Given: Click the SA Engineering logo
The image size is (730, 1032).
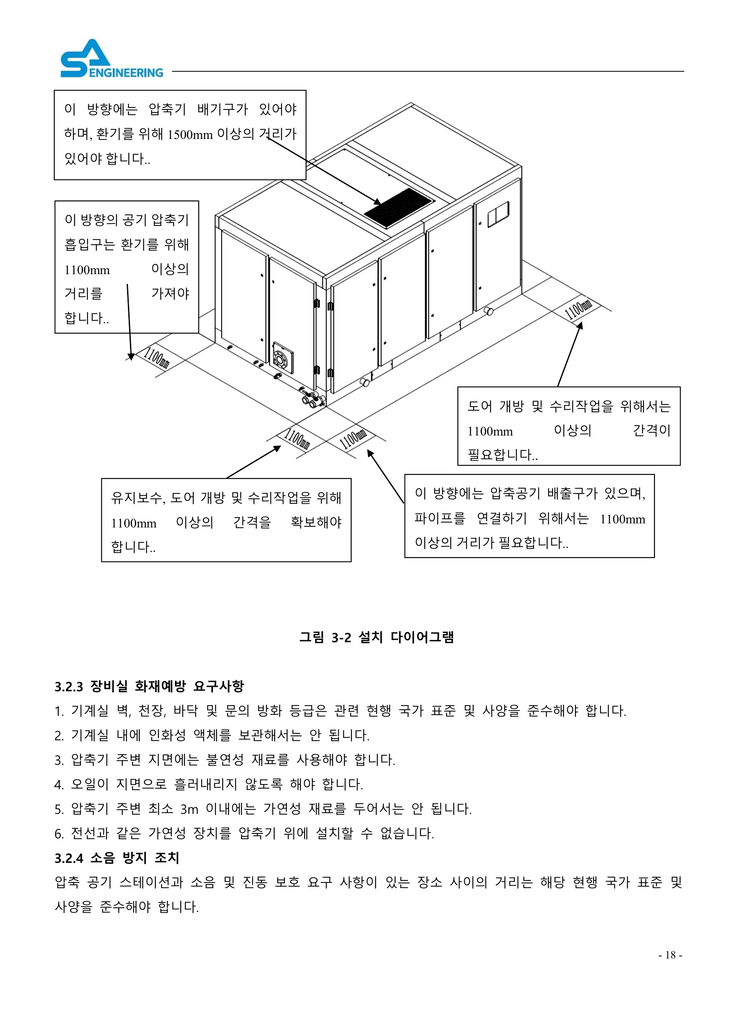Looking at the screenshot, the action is click(x=112, y=59).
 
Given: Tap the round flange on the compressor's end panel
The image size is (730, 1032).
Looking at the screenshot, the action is click(x=283, y=358).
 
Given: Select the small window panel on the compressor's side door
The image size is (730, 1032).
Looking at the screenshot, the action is click(x=498, y=214).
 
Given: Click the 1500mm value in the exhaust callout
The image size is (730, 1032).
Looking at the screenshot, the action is click(x=190, y=134).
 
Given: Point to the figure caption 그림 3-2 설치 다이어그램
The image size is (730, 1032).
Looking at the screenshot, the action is click(x=377, y=637).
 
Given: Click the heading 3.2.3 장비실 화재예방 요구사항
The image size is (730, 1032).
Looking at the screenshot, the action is click(x=149, y=686).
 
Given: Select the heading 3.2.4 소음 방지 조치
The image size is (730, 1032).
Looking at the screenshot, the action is click(x=117, y=858).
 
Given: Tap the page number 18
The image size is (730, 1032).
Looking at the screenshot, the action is click(x=670, y=955).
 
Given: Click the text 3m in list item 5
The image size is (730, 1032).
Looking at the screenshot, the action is click(x=189, y=809).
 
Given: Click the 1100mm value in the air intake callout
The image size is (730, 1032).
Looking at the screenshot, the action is click(x=87, y=270).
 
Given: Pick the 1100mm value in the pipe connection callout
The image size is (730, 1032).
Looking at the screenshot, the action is click(x=623, y=519).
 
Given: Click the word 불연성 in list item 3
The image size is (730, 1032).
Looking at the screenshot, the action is click(x=225, y=760).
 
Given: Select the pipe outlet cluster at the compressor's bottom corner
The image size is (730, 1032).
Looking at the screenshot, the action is click(x=313, y=398).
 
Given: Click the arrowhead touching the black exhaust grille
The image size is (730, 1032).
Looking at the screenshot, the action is click(x=377, y=202).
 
